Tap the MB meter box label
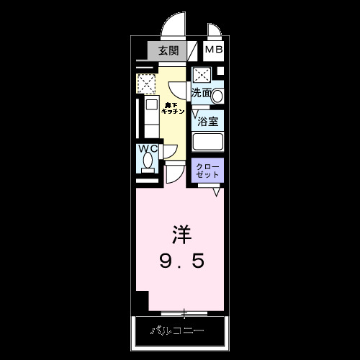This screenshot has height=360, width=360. tap(214, 50)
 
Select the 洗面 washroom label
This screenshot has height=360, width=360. tap(201, 93)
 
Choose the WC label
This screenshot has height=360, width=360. tap(148, 150)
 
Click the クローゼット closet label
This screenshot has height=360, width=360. tap(208, 171)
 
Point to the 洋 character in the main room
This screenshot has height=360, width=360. tap(181, 234)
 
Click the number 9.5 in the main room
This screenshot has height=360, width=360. tap(181, 261)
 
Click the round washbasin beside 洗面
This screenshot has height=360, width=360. tap(218, 94)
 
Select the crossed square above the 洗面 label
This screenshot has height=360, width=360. tap(202, 75)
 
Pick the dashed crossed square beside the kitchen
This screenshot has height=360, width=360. tap(147, 84)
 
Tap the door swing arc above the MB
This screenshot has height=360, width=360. tap(215, 32)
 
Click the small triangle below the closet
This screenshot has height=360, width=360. tap(216, 192)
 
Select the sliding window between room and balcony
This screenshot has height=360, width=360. tap(185, 313)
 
